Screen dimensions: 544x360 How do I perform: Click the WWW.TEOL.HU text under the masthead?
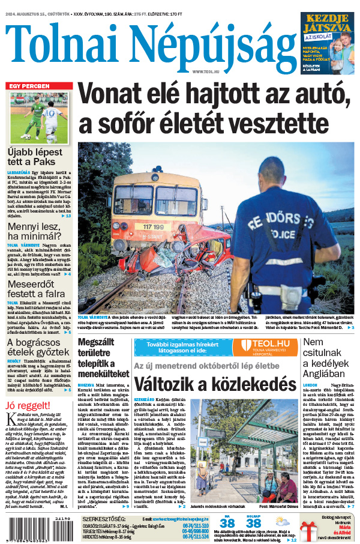pyautogui.click(x=205, y=71)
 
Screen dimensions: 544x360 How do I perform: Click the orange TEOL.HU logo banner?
pyautogui.click(x=264, y=347)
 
